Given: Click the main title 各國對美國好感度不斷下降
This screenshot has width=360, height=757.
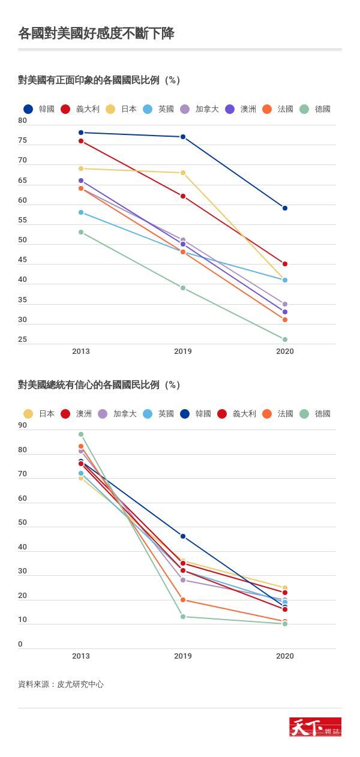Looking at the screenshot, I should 96,34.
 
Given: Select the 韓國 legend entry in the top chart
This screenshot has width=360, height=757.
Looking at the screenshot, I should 40,109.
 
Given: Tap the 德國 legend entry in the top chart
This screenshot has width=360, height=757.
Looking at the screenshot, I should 316,109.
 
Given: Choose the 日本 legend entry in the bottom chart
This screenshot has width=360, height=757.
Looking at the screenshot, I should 40,414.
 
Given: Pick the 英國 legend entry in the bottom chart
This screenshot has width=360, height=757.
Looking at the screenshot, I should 158,414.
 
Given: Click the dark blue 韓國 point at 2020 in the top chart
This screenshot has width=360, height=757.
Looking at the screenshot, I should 285,208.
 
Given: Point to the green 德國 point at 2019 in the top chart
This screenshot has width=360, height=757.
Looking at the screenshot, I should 183,288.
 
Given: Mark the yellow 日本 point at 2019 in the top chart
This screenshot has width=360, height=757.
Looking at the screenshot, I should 183,173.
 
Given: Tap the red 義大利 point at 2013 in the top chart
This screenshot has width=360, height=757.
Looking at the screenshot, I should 81,141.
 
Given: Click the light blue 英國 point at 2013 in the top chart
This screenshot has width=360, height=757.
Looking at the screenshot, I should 81,212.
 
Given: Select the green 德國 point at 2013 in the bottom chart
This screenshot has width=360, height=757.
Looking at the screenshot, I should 81,434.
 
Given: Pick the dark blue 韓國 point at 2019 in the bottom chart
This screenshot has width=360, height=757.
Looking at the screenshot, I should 183,536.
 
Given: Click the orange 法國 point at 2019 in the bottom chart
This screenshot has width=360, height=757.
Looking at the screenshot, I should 183,600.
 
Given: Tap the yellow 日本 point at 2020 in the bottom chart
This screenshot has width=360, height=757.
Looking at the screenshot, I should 285,588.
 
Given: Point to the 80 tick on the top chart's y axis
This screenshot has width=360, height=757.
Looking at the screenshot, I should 23,121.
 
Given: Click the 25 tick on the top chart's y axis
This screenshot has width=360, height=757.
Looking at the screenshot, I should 23,340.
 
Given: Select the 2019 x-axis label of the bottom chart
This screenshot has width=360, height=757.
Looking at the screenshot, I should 183,656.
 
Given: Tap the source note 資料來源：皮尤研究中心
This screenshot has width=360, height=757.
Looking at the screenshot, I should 61,684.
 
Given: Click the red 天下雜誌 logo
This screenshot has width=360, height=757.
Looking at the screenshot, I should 315,727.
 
